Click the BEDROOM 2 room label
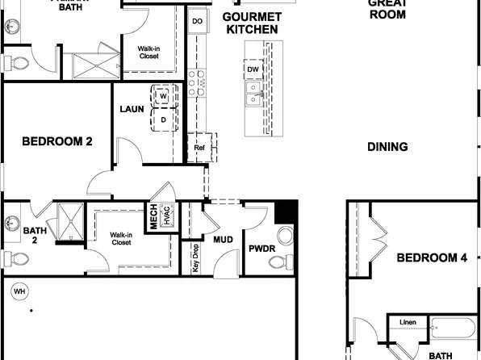[x=56, y=141]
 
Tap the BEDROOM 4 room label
[x=432, y=258]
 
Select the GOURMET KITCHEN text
[x=252, y=23]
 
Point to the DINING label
[x=387, y=147]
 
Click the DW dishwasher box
[x=253, y=69]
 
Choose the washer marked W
[x=164, y=96]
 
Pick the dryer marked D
[x=164, y=119]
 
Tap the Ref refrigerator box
[x=199, y=148]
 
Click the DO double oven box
[x=197, y=21]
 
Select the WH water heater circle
[x=18, y=291]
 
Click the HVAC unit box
[x=169, y=217]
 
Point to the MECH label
[x=153, y=217]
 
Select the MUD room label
[x=223, y=240]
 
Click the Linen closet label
[x=408, y=323]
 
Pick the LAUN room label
[x=132, y=109]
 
